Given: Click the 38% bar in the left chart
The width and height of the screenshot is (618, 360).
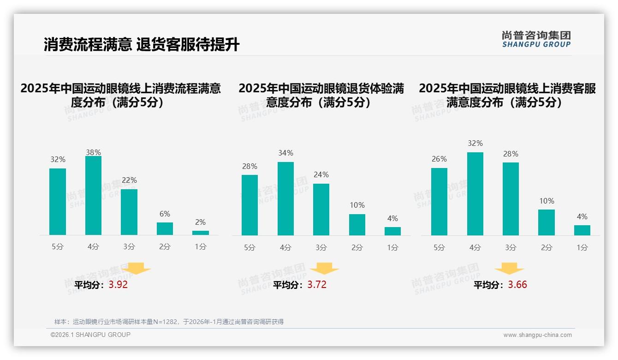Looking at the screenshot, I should [93, 196].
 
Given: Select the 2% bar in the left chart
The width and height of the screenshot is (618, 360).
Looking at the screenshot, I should [201, 233].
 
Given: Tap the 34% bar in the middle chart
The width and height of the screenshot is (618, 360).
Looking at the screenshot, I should [285, 198].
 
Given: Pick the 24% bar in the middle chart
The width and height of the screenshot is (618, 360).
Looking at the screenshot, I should [321, 210].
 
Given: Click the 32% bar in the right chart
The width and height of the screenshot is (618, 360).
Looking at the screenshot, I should [475, 194].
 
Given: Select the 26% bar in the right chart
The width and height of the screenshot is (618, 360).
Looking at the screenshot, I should [439, 202].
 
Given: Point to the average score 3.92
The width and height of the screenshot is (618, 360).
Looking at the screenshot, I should [118, 285].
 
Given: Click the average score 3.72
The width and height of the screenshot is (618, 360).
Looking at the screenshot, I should [317, 285].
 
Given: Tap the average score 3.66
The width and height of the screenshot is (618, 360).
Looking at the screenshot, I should [517, 285].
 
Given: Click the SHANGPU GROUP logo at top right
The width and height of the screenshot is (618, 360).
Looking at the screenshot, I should [536, 39].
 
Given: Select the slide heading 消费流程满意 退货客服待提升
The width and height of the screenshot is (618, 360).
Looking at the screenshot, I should [142, 45].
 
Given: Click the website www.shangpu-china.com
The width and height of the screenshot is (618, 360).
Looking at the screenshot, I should [537, 335].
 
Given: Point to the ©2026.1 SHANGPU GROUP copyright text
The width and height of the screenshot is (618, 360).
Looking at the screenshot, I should [90, 335].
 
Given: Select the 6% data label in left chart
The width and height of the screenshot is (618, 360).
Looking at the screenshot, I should [165, 214].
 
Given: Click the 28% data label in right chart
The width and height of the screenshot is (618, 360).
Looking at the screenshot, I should [511, 154].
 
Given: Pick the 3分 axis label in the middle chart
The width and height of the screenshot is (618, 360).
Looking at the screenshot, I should [321, 247].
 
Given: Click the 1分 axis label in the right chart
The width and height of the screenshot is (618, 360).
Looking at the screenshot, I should [582, 247].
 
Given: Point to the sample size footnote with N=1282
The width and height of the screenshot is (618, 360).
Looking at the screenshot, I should [169, 322].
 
